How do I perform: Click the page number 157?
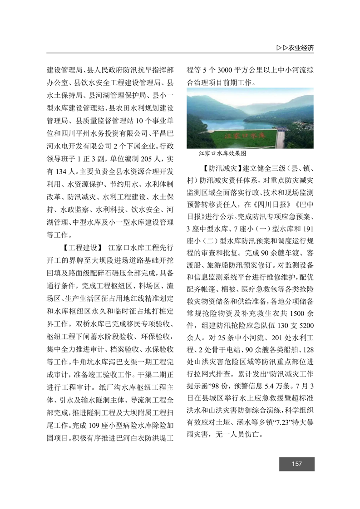pyautogui.click(x=297, y=464)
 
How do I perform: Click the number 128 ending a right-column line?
pyautogui.click(x=307, y=350)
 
